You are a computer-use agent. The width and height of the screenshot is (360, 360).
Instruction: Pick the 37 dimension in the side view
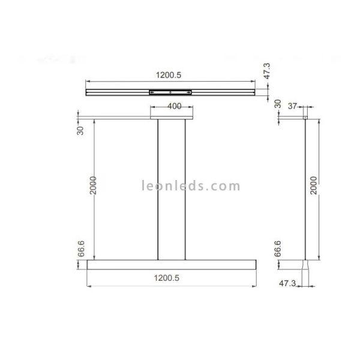pos(293,106)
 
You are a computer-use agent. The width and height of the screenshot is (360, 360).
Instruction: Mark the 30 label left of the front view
pos(82,130)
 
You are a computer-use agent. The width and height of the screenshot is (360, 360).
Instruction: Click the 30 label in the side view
pos(277,104)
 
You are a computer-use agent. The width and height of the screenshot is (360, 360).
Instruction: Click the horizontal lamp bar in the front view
pos(172,264)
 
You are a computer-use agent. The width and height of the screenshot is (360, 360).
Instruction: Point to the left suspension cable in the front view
pos(158,189)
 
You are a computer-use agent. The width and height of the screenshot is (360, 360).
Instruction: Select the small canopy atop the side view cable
pos(305,118)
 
